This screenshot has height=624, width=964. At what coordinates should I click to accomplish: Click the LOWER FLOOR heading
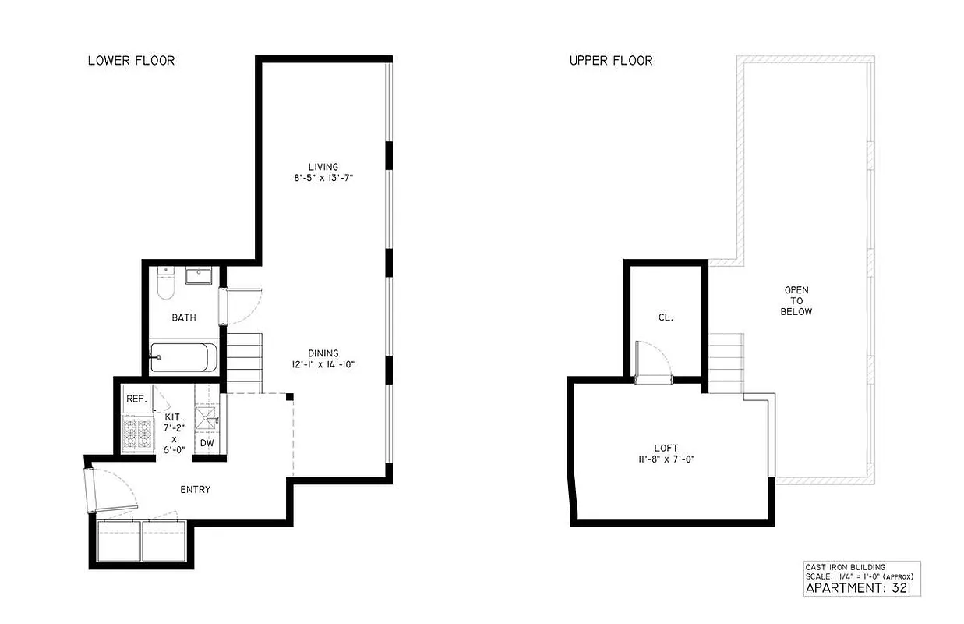click(131, 61)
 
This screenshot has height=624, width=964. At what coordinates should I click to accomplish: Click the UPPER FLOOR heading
click(611, 61)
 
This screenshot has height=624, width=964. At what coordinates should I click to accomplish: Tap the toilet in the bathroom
click(164, 285)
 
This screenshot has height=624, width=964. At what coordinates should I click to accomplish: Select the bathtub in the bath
click(180, 357)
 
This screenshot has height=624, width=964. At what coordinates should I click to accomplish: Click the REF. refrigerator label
click(136, 399)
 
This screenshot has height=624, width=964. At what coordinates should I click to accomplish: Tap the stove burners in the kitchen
click(138, 433)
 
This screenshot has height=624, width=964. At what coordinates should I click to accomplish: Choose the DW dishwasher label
click(207, 443)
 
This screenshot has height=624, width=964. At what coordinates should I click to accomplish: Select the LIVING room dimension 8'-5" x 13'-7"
click(323, 178)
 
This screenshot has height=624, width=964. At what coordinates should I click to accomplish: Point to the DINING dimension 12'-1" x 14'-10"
click(323, 364)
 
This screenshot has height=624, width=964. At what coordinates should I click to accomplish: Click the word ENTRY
click(195, 490)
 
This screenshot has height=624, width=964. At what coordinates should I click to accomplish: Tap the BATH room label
click(184, 317)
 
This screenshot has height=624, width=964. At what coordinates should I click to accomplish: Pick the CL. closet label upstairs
click(665, 317)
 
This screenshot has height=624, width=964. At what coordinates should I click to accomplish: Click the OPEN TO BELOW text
click(798, 301)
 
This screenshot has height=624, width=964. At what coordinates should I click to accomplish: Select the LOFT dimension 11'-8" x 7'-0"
click(666, 459)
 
